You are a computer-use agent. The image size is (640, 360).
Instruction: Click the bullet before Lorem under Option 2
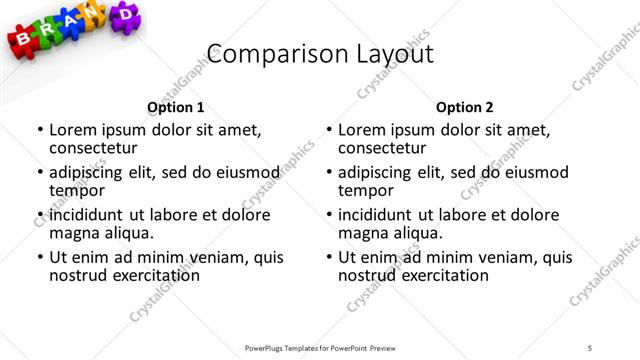pyautogui.click(x=328, y=130)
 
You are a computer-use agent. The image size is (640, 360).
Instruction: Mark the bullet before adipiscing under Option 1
pyautogui.click(x=39, y=172)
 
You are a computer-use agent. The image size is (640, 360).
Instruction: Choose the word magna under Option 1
pyautogui.click(x=74, y=233)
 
